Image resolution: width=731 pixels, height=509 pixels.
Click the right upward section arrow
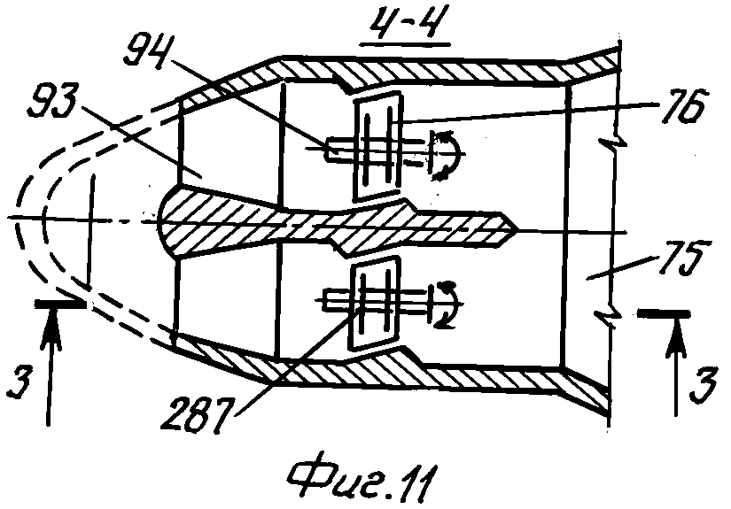[x=675, y=367]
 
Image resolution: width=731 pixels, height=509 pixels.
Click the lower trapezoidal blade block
[x=377, y=302]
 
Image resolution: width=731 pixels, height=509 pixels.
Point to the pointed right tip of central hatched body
[x=519, y=229]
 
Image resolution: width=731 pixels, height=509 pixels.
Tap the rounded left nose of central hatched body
[x=161, y=220]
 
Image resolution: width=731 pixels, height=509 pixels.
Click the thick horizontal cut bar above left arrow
[x=59, y=305]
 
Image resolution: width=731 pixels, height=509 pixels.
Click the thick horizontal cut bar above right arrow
[x=664, y=315]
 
